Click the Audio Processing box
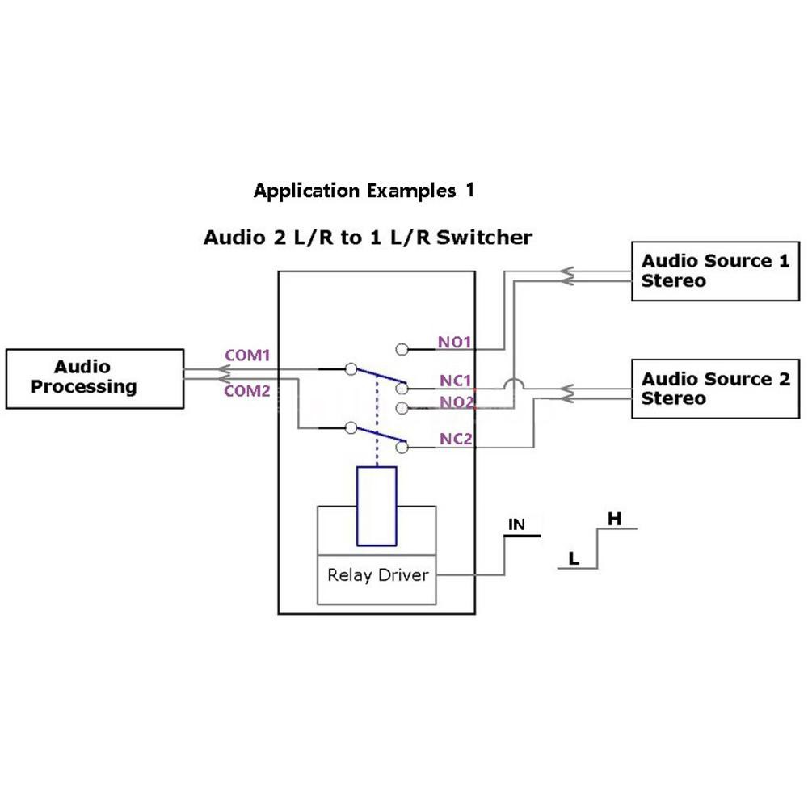point(95,378)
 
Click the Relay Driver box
point(377,576)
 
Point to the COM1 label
point(246,356)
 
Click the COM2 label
point(246,391)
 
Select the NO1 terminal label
point(455,342)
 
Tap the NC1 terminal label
point(456,380)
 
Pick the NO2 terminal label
point(456,401)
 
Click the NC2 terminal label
point(456,440)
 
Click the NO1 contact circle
point(402,349)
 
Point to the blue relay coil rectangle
point(376,506)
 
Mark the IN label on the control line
point(516,525)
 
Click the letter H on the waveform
point(614,519)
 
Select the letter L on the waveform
point(574,558)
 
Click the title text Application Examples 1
point(364,191)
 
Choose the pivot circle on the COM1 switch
point(351,369)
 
